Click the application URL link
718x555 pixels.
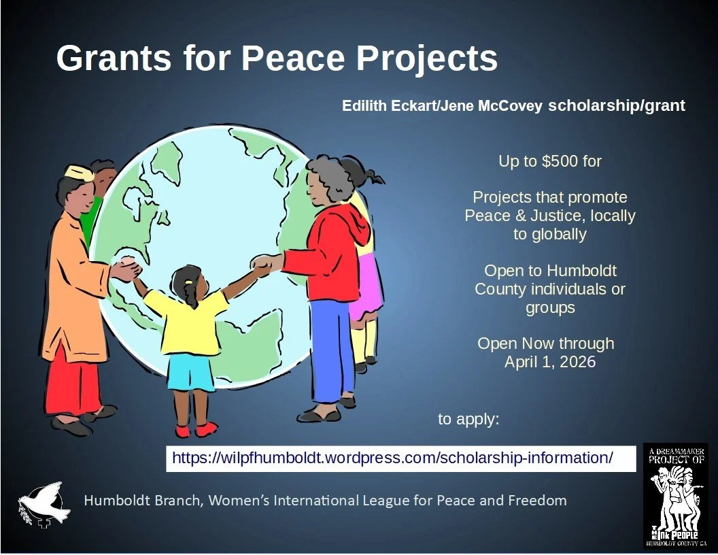[x=392, y=458]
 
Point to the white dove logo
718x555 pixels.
[x=44, y=503]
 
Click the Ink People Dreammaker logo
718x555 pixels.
[x=675, y=496]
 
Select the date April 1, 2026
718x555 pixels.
[x=549, y=362]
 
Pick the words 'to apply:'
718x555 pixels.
[x=468, y=419]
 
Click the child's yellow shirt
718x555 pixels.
[x=188, y=320]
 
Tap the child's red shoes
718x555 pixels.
[x=196, y=430]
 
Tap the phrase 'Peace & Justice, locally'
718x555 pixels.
[x=549, y=216]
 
